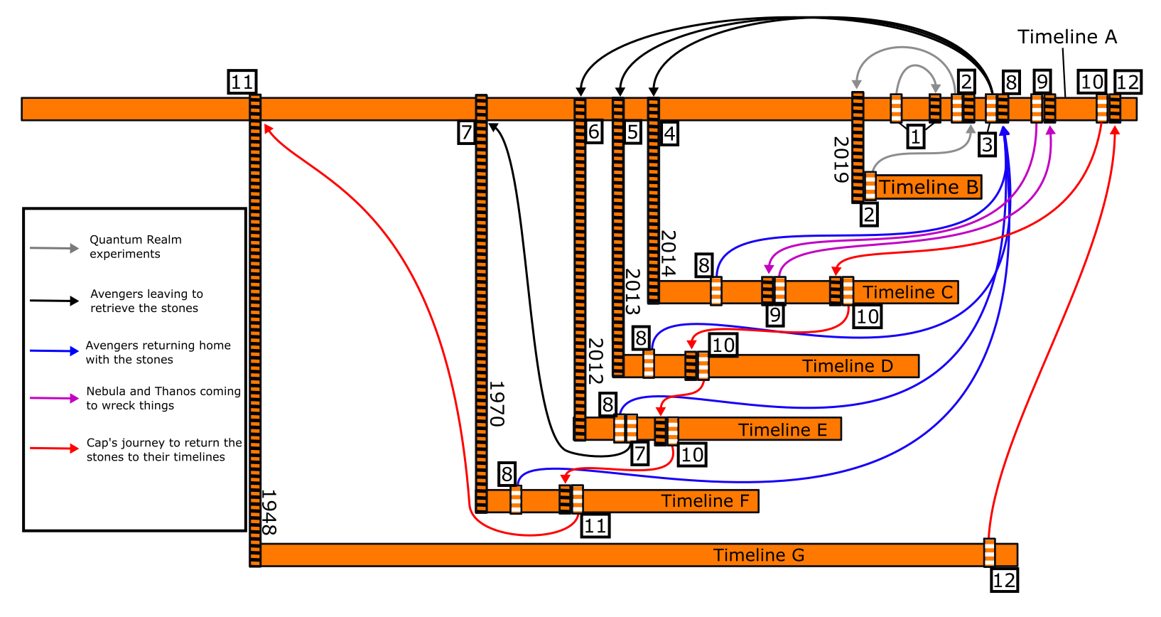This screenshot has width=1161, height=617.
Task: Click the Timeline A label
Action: [1066, 37]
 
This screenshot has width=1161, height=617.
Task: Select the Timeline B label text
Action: [929, 188]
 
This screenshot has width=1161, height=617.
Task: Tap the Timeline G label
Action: [759, 555]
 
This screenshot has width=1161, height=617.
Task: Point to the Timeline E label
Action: [782, 430]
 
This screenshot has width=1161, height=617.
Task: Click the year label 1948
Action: [269, 512]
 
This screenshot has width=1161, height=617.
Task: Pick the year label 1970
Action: [497, 404]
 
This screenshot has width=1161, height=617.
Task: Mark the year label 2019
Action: [841, 159]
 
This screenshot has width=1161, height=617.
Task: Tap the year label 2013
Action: [632, 291]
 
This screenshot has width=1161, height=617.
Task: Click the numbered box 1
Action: [916, 136]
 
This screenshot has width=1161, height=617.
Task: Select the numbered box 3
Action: [987, 144]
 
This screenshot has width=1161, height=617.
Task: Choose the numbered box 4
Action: [669, 133]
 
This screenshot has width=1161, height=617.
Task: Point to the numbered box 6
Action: [594, 132]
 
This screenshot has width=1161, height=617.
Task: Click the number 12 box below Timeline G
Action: [1004, 580]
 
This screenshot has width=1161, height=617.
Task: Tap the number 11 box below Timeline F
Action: [595, 526]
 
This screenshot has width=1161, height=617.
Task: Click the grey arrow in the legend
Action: [54, 248]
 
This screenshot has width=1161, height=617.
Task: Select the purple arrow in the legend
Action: [54, 398]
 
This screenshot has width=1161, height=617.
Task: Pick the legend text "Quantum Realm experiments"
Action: [135, 247]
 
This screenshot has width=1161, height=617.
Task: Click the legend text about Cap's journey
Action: [163, 450]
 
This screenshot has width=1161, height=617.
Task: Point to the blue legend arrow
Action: [54, 351]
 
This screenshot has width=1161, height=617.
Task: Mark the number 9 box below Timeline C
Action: [774, 315]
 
